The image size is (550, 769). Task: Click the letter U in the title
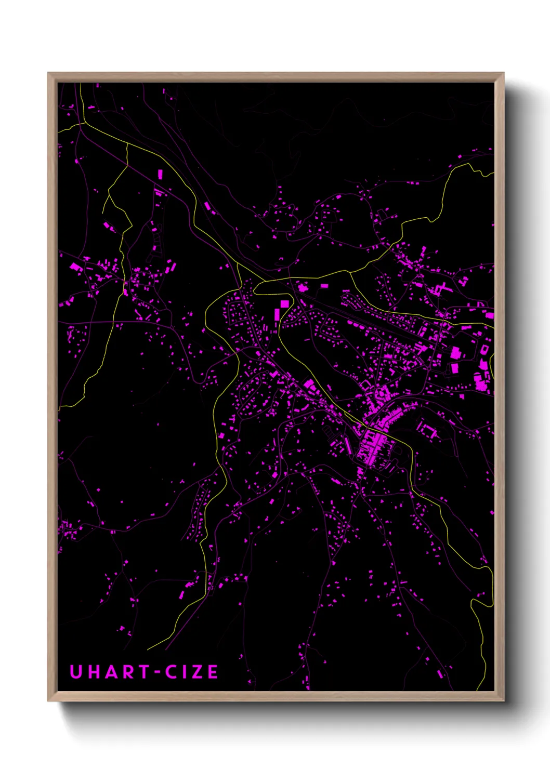[76, 672]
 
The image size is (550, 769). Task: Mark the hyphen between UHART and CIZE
[157, 672]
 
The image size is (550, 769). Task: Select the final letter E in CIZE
[213, 672]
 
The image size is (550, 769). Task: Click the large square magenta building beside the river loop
[284, 304]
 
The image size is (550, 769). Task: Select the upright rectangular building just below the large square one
[277, 314]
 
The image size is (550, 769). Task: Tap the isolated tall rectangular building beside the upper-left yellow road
[160, 174]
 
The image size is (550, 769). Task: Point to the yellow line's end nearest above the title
[148, 649]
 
